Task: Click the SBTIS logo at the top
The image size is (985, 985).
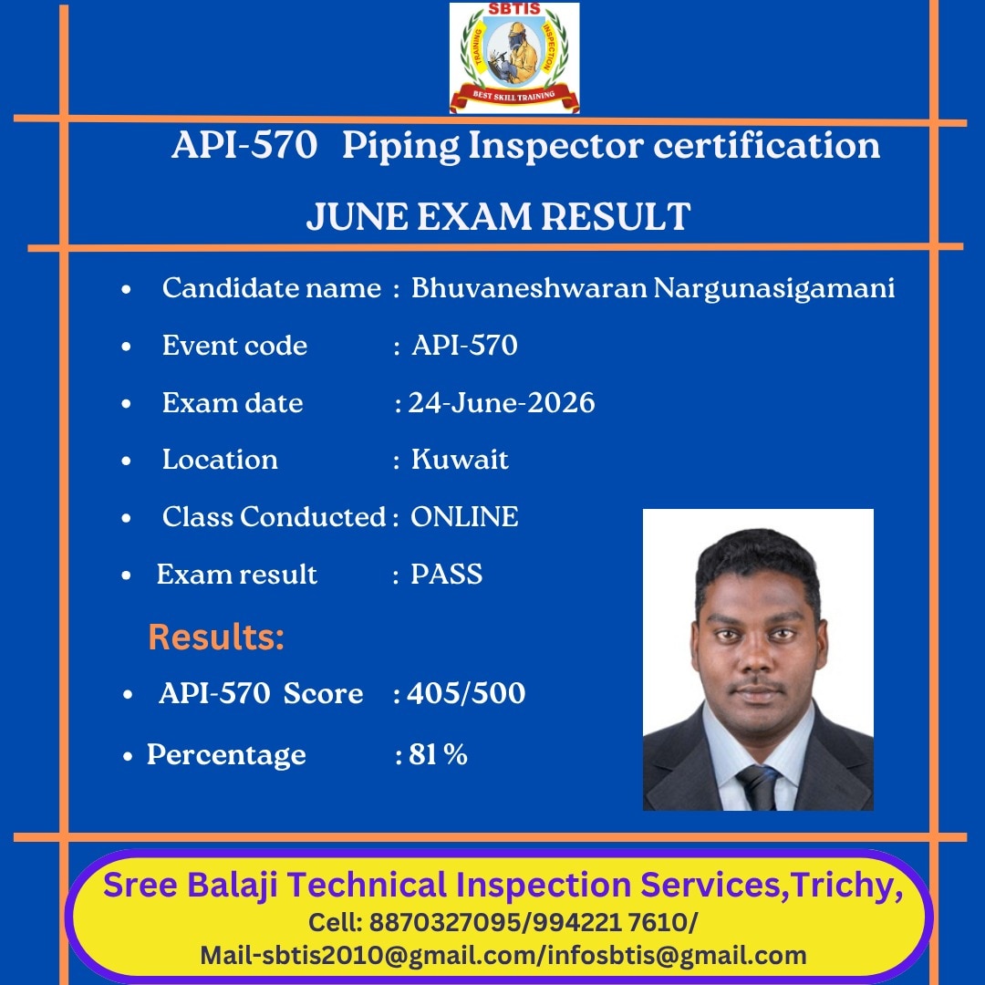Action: click(513, 57)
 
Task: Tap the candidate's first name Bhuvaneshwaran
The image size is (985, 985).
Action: click(529, 287)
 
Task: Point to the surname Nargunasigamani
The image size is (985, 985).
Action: click(774, 289)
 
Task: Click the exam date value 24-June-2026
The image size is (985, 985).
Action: click(502, 403)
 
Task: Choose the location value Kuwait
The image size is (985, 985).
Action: click(459, 459)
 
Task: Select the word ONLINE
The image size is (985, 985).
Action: click(464, 517)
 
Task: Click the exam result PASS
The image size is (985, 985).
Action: click(447, 575)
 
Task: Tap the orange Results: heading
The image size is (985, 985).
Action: click(217, 637)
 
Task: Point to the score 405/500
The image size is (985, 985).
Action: click(466, 693)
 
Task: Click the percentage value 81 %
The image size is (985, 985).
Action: click(438, 754)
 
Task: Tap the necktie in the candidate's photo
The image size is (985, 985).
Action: click(759, 787)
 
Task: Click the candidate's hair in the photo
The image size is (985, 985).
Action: click(758, 559)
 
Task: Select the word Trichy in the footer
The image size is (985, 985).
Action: click(845, 886)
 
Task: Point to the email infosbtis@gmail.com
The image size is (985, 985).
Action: click(677, 956)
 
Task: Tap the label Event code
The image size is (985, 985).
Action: click(235, 346)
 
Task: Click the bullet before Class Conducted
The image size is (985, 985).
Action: click(126, 518)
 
